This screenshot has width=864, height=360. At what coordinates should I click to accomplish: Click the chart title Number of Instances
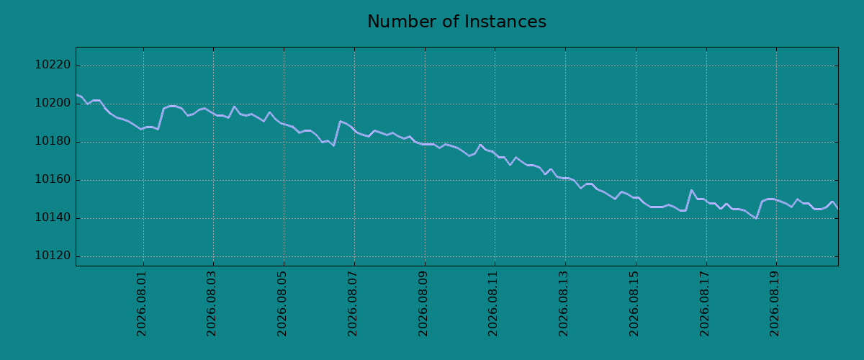point(456,22)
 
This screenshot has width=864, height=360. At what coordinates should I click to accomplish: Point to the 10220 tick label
point(53,65)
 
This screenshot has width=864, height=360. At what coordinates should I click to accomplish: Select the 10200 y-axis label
point(53,103)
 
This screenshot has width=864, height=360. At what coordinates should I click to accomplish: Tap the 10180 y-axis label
point(53,141)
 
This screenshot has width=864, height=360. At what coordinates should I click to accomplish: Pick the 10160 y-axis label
point(53,179)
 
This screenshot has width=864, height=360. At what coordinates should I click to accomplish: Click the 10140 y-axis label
point(53,217)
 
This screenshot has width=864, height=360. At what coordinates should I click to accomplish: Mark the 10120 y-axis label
point(53,256)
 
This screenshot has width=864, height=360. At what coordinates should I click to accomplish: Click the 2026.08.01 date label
point(142,304)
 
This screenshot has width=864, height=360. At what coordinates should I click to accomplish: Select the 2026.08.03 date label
point(212,304)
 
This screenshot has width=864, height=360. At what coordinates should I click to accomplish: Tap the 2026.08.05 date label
point(282,304)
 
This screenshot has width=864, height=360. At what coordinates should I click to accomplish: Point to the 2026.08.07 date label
point(353,304)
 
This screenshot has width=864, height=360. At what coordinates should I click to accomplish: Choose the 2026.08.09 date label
point(423,304)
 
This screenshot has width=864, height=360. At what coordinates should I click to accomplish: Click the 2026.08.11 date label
point(493,304)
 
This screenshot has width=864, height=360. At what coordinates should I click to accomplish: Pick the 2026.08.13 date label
point(564,304)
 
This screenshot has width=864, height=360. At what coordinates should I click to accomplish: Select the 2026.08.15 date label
point(634,304)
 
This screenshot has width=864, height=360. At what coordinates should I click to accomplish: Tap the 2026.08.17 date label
point(705,304)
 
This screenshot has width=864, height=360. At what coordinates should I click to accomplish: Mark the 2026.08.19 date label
point(775,304)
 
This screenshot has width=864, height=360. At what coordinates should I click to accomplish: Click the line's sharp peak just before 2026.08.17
point(691,190)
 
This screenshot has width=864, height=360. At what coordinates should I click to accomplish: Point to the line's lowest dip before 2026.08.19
point(756,218)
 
